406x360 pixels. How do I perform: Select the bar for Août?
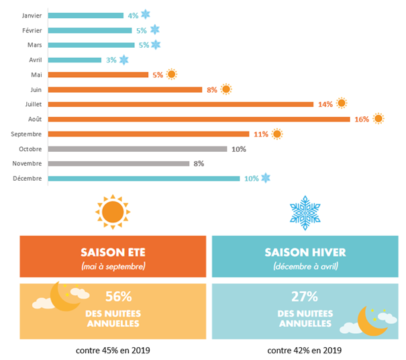coord(199,120)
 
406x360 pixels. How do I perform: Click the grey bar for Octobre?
coord(138,149)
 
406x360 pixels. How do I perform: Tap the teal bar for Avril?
coord(74,60)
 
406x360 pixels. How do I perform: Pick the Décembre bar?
coord(144,179)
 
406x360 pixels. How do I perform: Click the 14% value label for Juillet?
coord(325,105)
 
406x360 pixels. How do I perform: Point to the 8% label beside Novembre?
coord(199,163)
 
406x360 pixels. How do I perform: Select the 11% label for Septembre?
coord(261,134)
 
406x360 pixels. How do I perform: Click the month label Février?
coord(32,31)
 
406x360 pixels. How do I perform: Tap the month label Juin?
coord(36,90)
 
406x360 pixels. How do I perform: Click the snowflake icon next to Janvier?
coord(146,14)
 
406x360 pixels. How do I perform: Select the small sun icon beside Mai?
coord(171,75)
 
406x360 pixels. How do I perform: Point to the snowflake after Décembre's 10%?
coord(266,178)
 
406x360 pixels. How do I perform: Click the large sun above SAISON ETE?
coord(113,212)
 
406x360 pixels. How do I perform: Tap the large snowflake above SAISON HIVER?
coord(305,213)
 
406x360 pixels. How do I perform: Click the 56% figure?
coord(119,296)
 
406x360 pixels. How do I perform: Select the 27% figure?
coord(305,296)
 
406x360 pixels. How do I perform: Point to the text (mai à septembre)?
coord(113,267)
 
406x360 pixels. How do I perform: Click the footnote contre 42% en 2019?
coord(305,351)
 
